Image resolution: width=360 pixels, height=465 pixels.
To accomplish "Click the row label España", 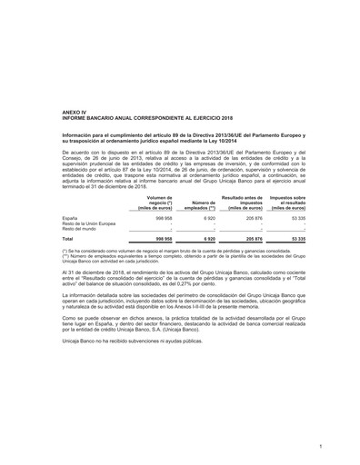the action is coord(69,219).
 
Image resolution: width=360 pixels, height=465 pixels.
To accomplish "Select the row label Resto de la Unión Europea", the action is coord(88,224).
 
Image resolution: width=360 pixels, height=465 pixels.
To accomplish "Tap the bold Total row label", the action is coord(67,239).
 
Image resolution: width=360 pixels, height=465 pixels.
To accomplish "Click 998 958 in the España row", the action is coord(163,219).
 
